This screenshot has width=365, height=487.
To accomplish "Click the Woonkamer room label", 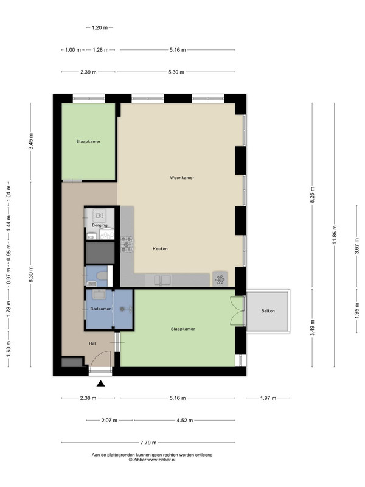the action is point(182,178).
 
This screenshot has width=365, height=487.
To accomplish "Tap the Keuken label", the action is point(160,249).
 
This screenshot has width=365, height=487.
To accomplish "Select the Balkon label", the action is point(268,311).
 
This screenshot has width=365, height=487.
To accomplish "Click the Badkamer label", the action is point(100,309).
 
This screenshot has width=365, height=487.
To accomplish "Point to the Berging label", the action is point(100,225).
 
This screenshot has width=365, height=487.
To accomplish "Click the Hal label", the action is point(92,343).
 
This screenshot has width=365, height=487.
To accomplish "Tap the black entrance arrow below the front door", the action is point(100,384).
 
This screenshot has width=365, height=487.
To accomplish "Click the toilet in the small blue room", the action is point(102,275).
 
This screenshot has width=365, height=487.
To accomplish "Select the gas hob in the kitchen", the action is point(127,245).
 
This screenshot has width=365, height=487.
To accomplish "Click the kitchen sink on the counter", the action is point(162,280).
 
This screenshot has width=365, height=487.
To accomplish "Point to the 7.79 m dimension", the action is point(148,443).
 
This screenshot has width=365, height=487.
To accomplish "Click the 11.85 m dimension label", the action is point(335,234).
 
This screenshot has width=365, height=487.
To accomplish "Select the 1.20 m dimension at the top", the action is point(100,27).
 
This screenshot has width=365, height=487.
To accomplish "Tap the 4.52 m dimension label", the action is point(185,421).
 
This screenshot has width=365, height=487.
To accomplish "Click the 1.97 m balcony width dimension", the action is point(268,398).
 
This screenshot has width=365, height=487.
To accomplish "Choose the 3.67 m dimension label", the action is point(357,246).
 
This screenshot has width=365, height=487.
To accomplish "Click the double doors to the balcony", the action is point(237,311).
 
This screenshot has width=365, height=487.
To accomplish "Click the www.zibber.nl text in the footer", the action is point(161,460).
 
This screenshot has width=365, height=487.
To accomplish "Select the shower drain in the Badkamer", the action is point(122,309).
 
